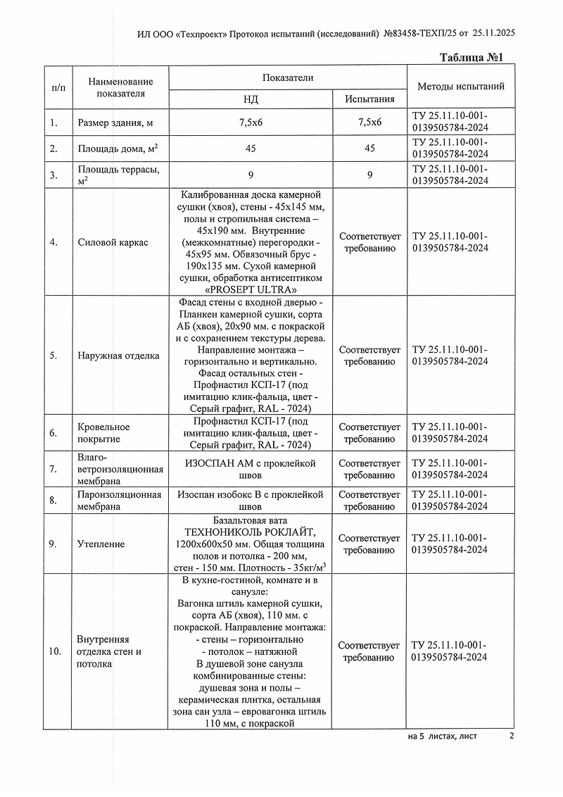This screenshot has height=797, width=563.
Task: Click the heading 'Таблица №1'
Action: click(x=473, y=57)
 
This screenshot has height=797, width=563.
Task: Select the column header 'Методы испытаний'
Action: click(x=460, y=87)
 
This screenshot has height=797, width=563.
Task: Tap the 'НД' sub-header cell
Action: click(x=251, y=100)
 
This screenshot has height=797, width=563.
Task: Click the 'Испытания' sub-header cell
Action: click(x=369, y=100)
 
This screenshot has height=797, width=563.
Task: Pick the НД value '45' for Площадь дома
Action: click(x=251, y=149)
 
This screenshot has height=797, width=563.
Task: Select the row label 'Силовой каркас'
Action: click(x=113, y=242)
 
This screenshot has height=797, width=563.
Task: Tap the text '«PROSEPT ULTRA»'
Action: click(x=251, y=289)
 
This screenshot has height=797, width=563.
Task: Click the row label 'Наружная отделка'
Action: click(x=118, y=356)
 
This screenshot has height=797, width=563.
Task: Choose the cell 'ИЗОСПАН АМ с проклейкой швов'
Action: click(x=251, y=469)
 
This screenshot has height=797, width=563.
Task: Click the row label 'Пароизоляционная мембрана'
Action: click(x=119, y=501)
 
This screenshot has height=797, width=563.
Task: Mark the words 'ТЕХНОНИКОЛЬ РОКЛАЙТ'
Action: click(x=251, y=533)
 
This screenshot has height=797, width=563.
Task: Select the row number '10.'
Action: click(x=55, y=651)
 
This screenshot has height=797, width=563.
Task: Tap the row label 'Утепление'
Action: click(x=101, y=544)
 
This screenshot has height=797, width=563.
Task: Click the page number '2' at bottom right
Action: click(x=512, y=736)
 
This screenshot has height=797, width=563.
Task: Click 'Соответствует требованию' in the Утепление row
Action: click(x=369, y=544)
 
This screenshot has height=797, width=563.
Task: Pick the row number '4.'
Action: click(x=53, y=242)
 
